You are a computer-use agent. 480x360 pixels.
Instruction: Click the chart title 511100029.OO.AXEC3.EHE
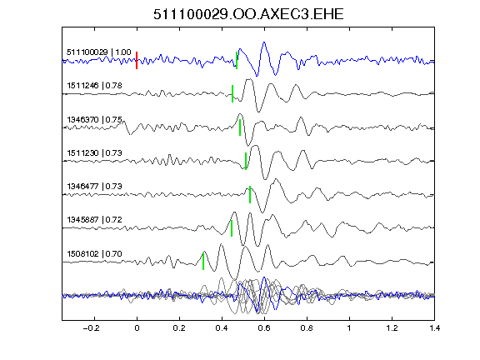pos(248,14)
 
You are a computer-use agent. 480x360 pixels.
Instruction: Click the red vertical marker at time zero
pos(137,60)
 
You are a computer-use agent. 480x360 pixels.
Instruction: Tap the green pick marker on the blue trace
pos(237,60)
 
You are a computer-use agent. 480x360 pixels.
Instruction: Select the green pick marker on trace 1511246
pos(232,93)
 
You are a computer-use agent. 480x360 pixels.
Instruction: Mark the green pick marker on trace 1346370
pos(240,127)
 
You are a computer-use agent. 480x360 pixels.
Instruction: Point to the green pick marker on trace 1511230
pos(246,161)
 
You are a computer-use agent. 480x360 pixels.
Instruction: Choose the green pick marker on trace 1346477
pos(250,194)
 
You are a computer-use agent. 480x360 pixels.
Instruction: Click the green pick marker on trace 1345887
pos(232,228)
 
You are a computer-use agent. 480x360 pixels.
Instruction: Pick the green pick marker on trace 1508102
pos(203,262)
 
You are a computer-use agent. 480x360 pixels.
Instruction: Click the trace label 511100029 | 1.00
pos(99,52)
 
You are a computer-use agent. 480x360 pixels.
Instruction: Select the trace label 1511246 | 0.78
pos(94,85)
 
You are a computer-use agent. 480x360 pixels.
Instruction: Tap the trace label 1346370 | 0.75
pos(94,119)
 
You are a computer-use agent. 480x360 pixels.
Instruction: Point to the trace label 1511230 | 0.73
pos(94,152)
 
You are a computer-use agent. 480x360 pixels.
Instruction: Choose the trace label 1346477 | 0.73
pos(94,186)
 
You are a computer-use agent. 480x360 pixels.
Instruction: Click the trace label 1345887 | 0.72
pos(94,220)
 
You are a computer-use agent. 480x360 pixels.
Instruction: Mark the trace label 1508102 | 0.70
pos(94,254)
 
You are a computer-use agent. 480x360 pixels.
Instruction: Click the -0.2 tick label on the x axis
pos(92,328)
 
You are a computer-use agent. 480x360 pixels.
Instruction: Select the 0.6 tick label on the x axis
pos(264,328)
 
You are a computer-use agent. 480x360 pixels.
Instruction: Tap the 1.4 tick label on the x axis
pos(434,328)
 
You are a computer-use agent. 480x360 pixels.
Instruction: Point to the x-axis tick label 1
pos(349,328)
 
